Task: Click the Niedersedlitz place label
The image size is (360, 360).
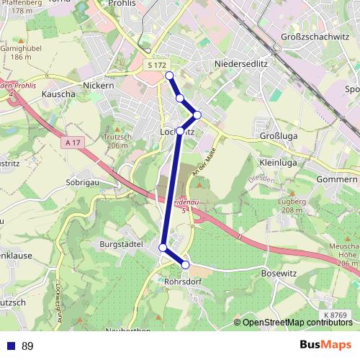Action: [x=241, y=64]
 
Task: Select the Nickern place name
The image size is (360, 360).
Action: [x=99, y=85]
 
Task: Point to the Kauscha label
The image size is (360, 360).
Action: [x=59, y=94]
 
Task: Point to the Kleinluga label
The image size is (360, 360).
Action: [x=278, y=163]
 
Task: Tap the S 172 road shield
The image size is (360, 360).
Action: [x=156, y=66]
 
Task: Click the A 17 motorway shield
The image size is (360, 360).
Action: [x=72, y=143]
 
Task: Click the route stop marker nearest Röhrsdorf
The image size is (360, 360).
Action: [x=185, y=265]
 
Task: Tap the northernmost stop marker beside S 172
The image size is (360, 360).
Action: [x=169, y=76]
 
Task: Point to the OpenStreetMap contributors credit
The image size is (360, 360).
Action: [x=296, y=322]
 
